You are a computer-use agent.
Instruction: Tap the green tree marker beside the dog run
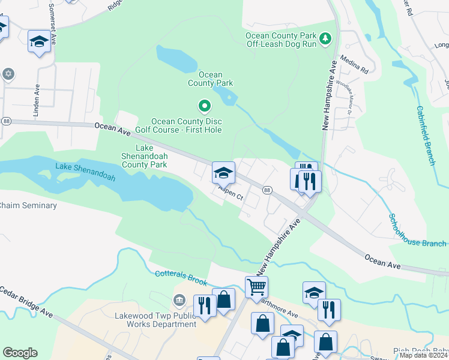click(x=325, y=38)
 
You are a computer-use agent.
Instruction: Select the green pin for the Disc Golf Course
click(x=204, y=107)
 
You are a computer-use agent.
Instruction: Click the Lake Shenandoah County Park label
click(x=144, y=156)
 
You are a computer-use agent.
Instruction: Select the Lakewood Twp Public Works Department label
click(x=155, y=320)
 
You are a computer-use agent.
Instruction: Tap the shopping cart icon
click(x=256, y=287)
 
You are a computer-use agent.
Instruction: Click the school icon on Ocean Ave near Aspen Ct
click(x=223, y=173)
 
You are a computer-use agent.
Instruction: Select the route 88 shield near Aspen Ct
click(x=267, y=190)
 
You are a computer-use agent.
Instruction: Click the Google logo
click(x=20, y=353)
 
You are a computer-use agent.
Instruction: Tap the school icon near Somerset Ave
click(x=39, y=41)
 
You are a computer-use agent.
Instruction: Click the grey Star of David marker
click(x=8, y=74)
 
